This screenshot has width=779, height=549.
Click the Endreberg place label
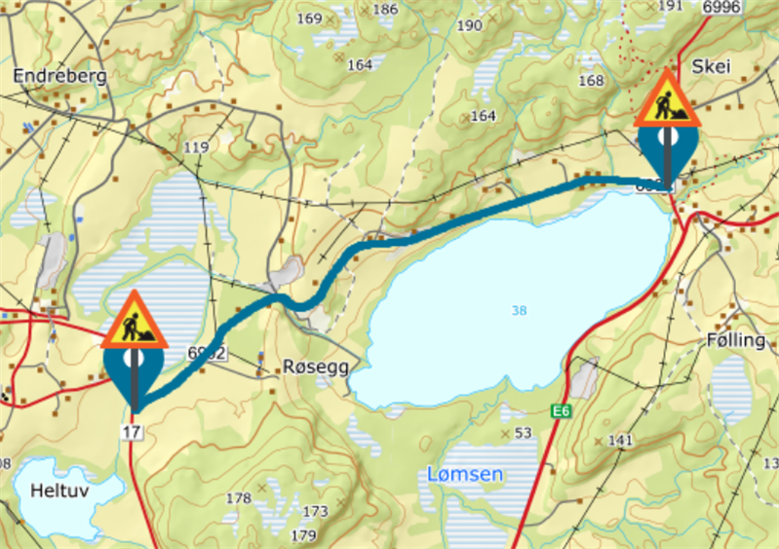(60, 74)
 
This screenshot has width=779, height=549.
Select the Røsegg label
(314, 366)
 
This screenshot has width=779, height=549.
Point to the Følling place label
(736, 341)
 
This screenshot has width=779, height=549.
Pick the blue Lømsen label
(466, 475)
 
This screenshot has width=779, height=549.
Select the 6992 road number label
(207, 353)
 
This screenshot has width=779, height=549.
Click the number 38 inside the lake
(519, 310)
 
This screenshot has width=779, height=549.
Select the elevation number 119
(196, 147)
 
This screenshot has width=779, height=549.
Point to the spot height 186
(385, 10)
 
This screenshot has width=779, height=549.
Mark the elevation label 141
(620, 441)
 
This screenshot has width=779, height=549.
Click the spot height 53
(523, 432)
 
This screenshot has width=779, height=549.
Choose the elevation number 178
(239, 498)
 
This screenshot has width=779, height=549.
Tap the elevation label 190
(469, 25)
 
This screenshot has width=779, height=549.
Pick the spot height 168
(591, 80)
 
